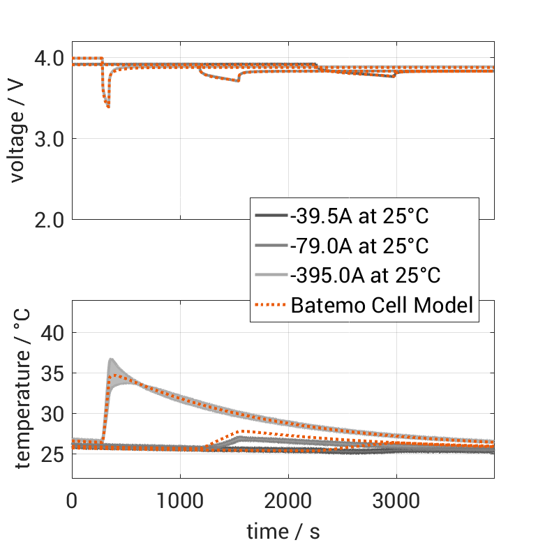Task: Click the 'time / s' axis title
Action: pos(283,531)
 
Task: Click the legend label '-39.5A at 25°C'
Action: pos(359,216)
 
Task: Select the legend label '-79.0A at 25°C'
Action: pos(359,246)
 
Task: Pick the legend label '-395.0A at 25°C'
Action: pos(365,275)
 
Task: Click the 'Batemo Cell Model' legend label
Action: pos(382,304)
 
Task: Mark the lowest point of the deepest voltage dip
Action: pos(108,107)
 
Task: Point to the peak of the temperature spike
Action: pos(111,359)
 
